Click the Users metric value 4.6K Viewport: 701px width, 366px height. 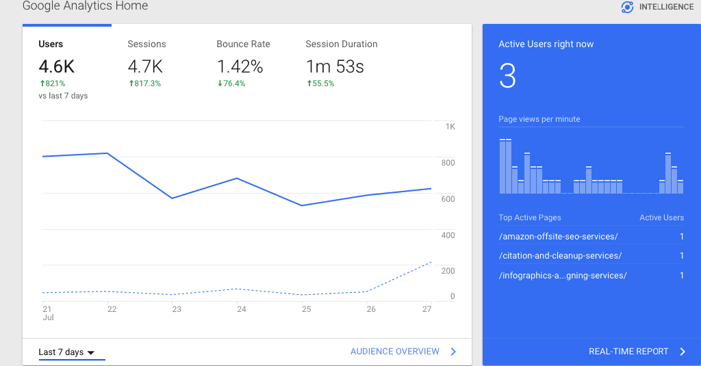57,66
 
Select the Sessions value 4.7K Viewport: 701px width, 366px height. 145,66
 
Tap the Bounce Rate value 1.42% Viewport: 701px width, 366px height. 240,66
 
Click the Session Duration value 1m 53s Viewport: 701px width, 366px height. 334,66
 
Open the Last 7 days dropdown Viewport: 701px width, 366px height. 66,352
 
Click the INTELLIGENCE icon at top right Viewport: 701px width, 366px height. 627,8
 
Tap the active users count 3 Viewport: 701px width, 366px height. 507,76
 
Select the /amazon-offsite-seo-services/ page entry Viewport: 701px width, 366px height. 559,237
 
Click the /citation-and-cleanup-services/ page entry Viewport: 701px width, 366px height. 561,256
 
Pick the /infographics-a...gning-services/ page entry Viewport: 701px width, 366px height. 563,276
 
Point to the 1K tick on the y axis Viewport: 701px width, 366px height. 450,127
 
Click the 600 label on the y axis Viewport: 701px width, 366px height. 448,199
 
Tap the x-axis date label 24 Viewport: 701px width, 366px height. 241,309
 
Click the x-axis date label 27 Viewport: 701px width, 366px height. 426,309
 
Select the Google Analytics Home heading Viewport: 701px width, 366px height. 85,6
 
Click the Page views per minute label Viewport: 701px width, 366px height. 539,119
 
